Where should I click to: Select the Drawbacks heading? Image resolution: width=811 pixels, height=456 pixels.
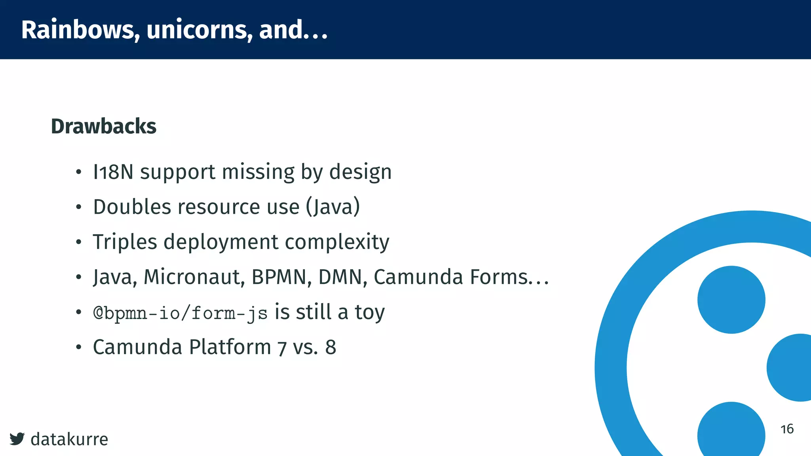pyautogui.click(x=104, y=126)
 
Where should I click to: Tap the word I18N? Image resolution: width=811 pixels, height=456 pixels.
pyautogui.click(x=113, y=172)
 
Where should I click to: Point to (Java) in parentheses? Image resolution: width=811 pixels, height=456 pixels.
pyautogui.click(x=333, y=207)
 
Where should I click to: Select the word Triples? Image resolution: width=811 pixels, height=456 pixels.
pyautogui.click(x=125, y=242)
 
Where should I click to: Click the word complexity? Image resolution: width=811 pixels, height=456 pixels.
pyautogui.click(x=337, y=242)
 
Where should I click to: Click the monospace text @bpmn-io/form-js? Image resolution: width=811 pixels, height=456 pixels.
pyautogui.click(x=180, y=313)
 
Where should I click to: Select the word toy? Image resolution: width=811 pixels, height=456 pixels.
pyautogui.click(x=369, y=312)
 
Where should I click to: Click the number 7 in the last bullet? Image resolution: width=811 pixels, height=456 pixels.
pyautogui.click(x=282, y=348)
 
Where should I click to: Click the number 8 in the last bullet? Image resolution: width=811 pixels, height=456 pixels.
pyautogui.click(x=331, y=347)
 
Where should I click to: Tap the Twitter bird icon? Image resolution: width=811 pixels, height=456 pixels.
pyautogui.click(x=17, y=439)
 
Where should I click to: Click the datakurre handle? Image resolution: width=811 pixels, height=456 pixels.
pyautogui.click(x=69, y=439)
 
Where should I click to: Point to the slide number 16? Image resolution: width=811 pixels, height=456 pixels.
pyautogui.click(x=787, y=429)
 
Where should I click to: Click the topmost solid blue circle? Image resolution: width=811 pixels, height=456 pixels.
pyautogui.click(x=731, y=300)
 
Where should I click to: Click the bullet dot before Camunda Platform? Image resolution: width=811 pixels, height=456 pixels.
pyautogui.click(x=79, y=348)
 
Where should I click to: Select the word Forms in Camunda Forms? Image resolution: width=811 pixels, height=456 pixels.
pyautogui.click(x=499, y=277)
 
